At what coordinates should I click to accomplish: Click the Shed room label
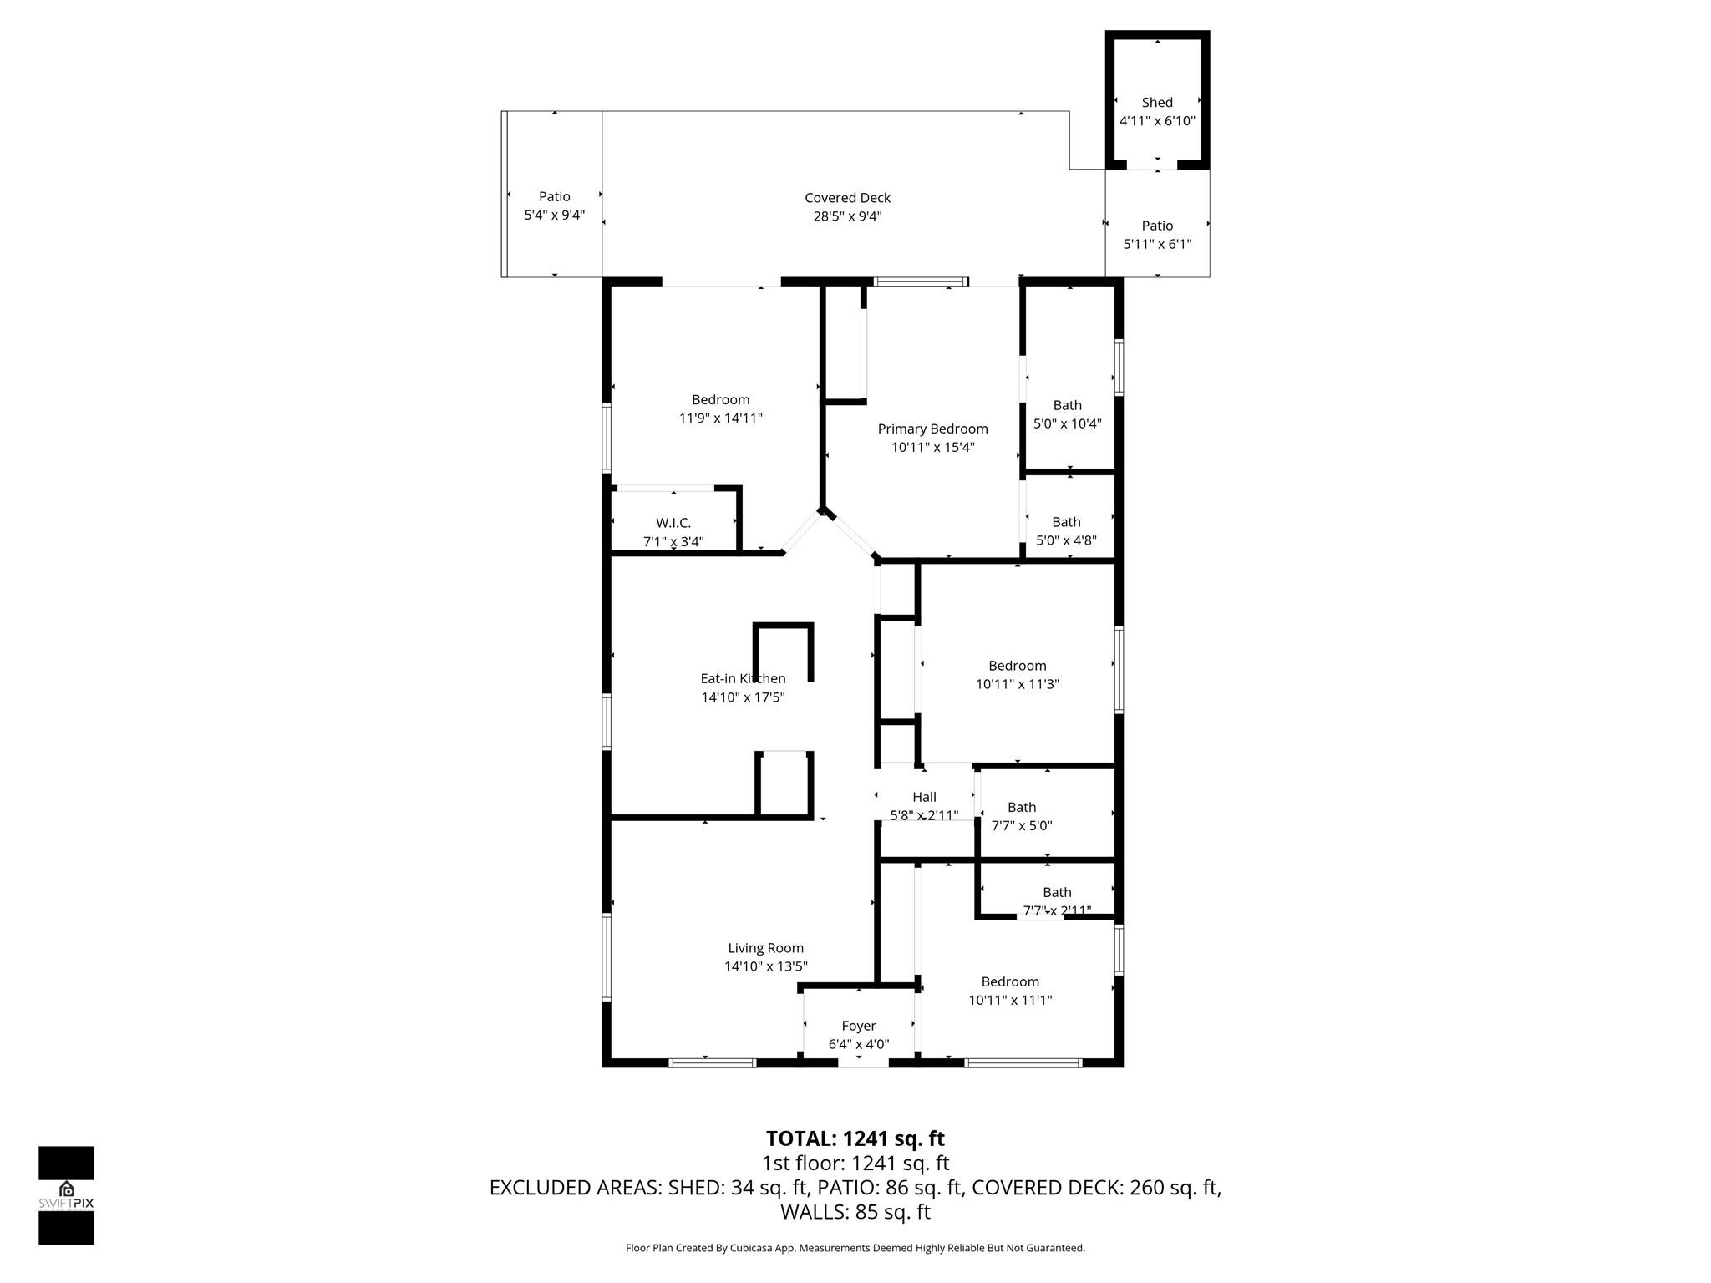[1157, 103]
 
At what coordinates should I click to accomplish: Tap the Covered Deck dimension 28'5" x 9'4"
[847, 216]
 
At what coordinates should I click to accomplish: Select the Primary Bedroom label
[932, 429]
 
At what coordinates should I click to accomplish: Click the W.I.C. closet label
[673, 523]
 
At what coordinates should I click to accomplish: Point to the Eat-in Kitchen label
[743, 678]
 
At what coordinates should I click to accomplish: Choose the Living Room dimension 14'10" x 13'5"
[765, 966]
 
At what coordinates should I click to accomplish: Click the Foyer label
[859, 1026]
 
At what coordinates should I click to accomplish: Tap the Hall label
[924, 797]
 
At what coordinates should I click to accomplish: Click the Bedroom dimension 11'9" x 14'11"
[720, 418]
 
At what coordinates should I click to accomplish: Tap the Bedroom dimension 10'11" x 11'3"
[1017, 684]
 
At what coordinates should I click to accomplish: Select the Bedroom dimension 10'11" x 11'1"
[1010, 1000]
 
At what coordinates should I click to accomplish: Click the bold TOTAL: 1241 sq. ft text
[855, 1138]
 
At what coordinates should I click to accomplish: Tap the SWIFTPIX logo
[66, 1195]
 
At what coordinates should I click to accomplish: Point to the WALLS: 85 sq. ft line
[855, 1211]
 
